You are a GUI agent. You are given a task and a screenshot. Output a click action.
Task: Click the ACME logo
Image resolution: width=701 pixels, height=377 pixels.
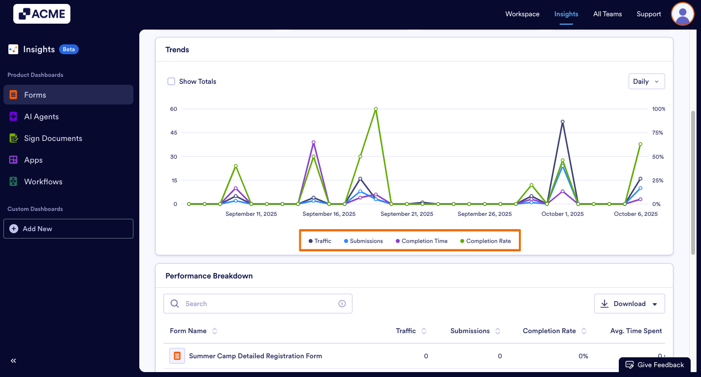pos(42,14)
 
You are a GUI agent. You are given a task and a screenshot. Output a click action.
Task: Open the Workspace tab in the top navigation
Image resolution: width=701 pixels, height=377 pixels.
pos(522,14)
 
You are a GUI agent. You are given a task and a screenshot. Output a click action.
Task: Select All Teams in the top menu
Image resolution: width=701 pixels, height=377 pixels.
pos(607,14)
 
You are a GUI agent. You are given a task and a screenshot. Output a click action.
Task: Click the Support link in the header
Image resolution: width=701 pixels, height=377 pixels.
pos(648,14)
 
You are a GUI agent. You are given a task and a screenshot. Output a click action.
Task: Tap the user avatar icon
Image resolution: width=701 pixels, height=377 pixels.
pos(682,14)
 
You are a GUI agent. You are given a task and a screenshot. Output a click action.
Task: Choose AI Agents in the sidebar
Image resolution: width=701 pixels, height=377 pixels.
pos(41,117)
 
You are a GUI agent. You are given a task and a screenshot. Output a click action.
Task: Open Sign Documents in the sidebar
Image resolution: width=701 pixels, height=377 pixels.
pos(53,138)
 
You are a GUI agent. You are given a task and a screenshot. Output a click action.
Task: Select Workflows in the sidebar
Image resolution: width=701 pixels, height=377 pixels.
pos(43,182)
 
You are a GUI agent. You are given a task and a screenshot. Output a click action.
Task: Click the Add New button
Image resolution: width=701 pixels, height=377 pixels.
pos(68,229)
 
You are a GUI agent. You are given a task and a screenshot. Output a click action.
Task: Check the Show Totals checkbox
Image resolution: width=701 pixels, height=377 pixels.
pos(171,81)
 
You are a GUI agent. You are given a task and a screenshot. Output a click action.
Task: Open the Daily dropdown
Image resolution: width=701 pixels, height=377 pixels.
pos(646,81)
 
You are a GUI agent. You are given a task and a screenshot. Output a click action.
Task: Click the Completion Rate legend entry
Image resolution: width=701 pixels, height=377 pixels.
pos(485,241)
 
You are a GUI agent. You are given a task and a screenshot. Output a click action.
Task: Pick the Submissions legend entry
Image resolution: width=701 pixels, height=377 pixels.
pos(363,241)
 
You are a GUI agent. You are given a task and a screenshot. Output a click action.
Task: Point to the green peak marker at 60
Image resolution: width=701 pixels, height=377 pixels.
pos(376,109)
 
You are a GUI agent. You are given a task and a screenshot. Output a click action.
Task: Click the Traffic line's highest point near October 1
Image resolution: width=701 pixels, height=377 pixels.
pos(562,122)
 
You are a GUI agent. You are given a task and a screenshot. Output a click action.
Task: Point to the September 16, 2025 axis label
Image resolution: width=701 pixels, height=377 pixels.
pos(329,214)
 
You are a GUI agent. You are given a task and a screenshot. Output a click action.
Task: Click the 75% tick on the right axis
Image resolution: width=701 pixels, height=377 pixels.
pos(658,133)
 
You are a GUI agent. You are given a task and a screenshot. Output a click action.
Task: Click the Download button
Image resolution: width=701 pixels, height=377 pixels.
pos(629,304)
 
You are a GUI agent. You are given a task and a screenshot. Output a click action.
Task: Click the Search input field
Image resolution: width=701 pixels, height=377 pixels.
pos(258,304)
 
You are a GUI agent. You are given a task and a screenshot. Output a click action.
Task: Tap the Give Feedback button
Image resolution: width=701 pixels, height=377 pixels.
pos(655,365)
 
